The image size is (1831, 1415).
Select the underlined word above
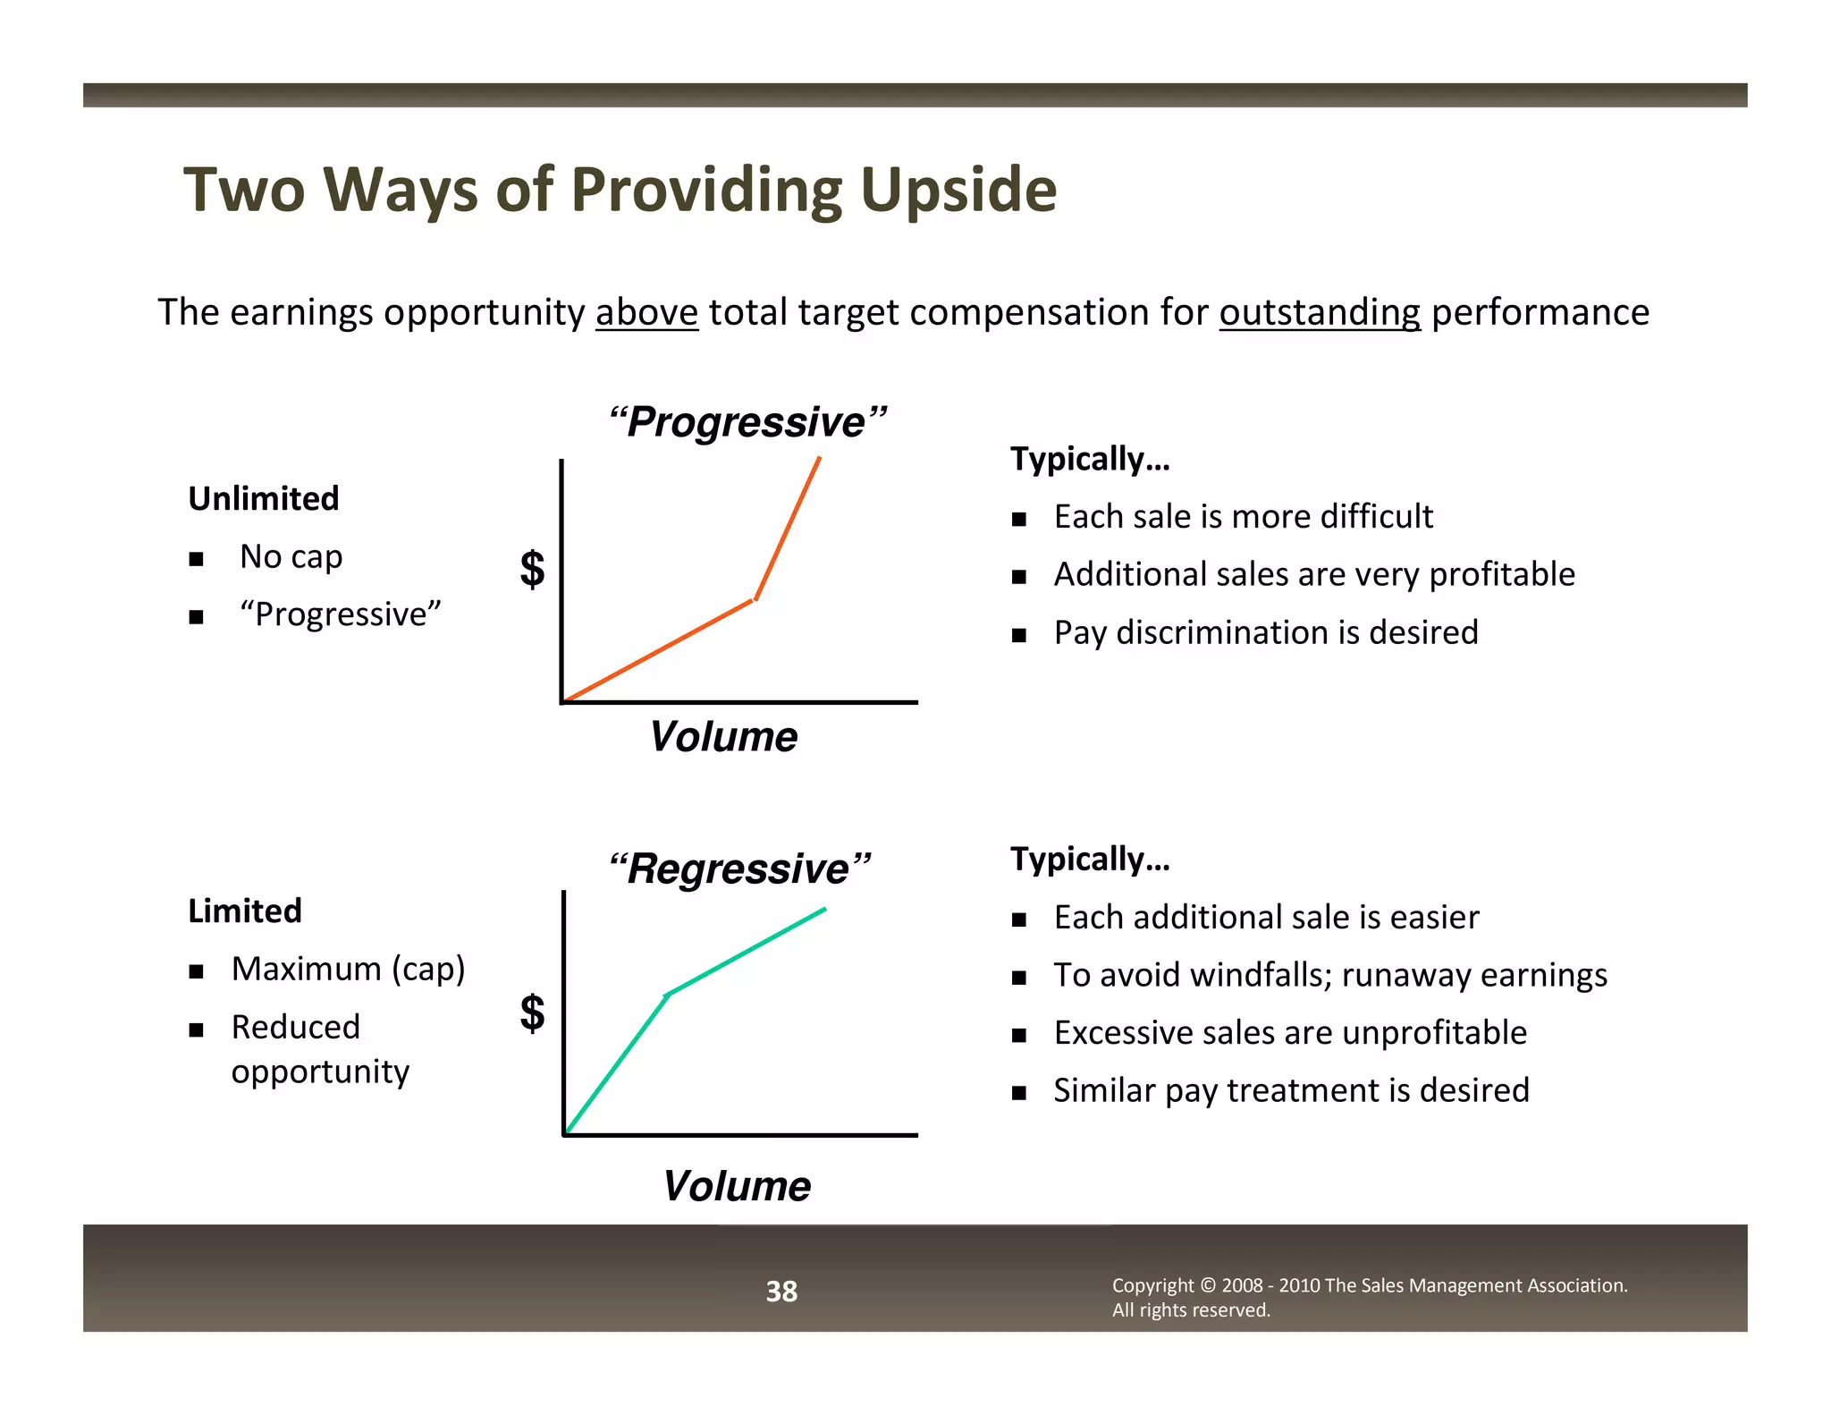(646, 313)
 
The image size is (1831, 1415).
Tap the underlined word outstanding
(1320, 313)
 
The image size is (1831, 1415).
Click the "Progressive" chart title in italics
(747, 422)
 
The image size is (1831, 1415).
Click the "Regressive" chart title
(739, 868)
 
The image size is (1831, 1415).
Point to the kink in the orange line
(755, 600)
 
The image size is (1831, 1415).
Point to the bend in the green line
(667, 994)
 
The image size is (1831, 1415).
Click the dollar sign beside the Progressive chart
(532, 569)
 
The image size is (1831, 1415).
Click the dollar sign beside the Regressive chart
(532, 1013)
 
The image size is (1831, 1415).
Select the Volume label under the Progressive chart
(722, 737)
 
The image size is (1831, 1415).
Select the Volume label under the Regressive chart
(736, 1186)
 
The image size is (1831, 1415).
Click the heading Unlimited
(264, 498)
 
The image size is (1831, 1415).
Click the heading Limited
(245, 911)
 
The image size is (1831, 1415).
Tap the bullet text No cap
(291, 556)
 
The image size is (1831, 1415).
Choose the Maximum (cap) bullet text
(348, 969)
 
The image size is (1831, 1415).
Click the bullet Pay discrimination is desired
(1265, 632)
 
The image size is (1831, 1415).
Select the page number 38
(781, 1291)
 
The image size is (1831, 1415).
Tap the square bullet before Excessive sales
(1019, 1035)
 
